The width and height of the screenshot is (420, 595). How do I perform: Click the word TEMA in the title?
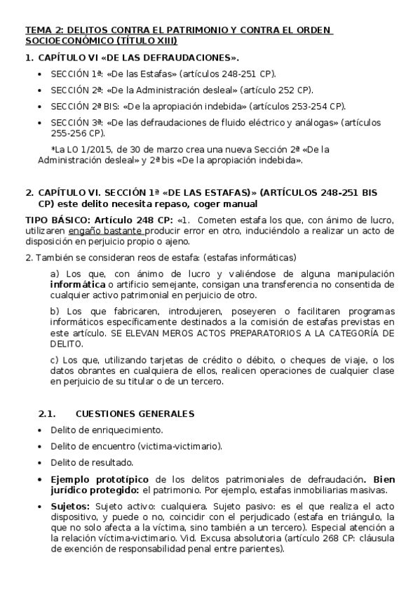pos(37,30)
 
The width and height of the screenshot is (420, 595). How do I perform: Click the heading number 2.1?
pos(46,413)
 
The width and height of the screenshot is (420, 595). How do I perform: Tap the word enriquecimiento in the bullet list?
pos(128,430)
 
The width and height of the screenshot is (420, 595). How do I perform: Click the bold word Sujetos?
pos(69,506)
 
